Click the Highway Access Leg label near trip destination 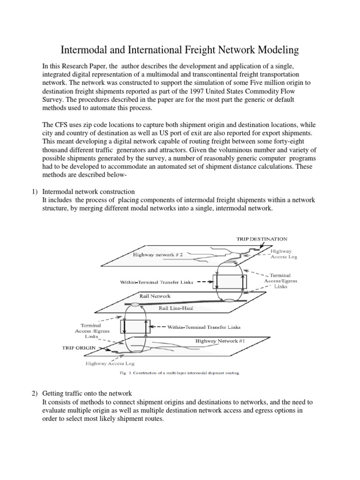click(x=284, y=254)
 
